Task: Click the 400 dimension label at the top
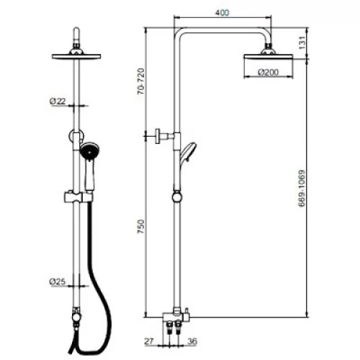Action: [x=222, y=12]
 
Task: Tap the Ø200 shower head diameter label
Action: [x=269, y=72]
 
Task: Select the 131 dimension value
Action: [x=302, y=42]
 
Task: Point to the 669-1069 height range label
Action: [x=302, y=188]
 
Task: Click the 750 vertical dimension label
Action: [x=141, y=227]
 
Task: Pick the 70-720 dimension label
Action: [x=141, y=81]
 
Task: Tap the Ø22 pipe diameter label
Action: [x=58, y=101]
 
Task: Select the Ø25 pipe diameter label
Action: [x=58, y=282]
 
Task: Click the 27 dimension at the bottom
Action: [x=149, y=341]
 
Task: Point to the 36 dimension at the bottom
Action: [x=192, y=341]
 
